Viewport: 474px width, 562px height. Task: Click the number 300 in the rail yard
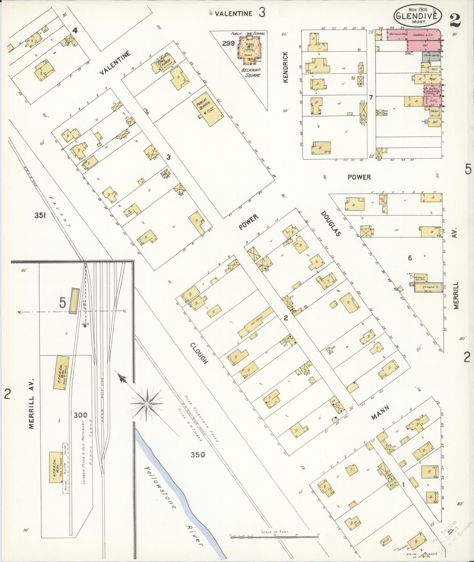(x=81, y=415)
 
